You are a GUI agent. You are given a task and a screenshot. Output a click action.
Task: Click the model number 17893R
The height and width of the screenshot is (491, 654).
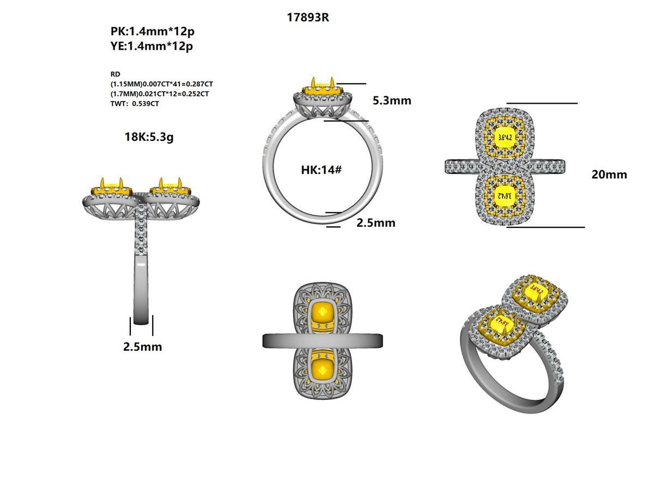point(308,17)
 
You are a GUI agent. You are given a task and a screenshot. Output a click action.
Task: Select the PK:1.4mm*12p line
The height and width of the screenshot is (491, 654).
point(152,32)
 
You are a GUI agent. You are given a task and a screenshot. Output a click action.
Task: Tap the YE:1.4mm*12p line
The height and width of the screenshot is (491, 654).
point(152,46)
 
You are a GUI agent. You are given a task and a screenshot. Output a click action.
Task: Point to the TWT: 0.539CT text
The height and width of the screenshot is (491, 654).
point(135,104)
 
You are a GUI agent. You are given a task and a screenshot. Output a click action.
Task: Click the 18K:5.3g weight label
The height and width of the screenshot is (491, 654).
point(149,137)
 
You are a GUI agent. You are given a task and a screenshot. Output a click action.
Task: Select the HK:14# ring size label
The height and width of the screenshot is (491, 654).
point(321,170)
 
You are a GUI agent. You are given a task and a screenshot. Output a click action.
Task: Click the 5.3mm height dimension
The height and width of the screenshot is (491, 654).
point(392,100)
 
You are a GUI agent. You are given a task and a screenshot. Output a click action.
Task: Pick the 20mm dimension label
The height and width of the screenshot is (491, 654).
point(609,175)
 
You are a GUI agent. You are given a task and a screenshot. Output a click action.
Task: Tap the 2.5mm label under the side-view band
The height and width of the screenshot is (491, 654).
point(142,346)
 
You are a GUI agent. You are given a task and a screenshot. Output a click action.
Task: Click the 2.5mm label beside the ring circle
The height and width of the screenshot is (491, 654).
point(376,223)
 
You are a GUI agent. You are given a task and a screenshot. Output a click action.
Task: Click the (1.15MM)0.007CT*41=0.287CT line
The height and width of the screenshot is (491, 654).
point(161,84)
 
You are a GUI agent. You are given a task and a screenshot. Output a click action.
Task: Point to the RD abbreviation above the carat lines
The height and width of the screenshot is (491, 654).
point(115,74)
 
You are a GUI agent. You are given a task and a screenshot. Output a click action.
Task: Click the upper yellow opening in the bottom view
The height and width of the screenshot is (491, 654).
point(323,314)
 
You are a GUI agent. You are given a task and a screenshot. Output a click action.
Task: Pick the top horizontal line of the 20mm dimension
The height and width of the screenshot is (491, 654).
point(542,103)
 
